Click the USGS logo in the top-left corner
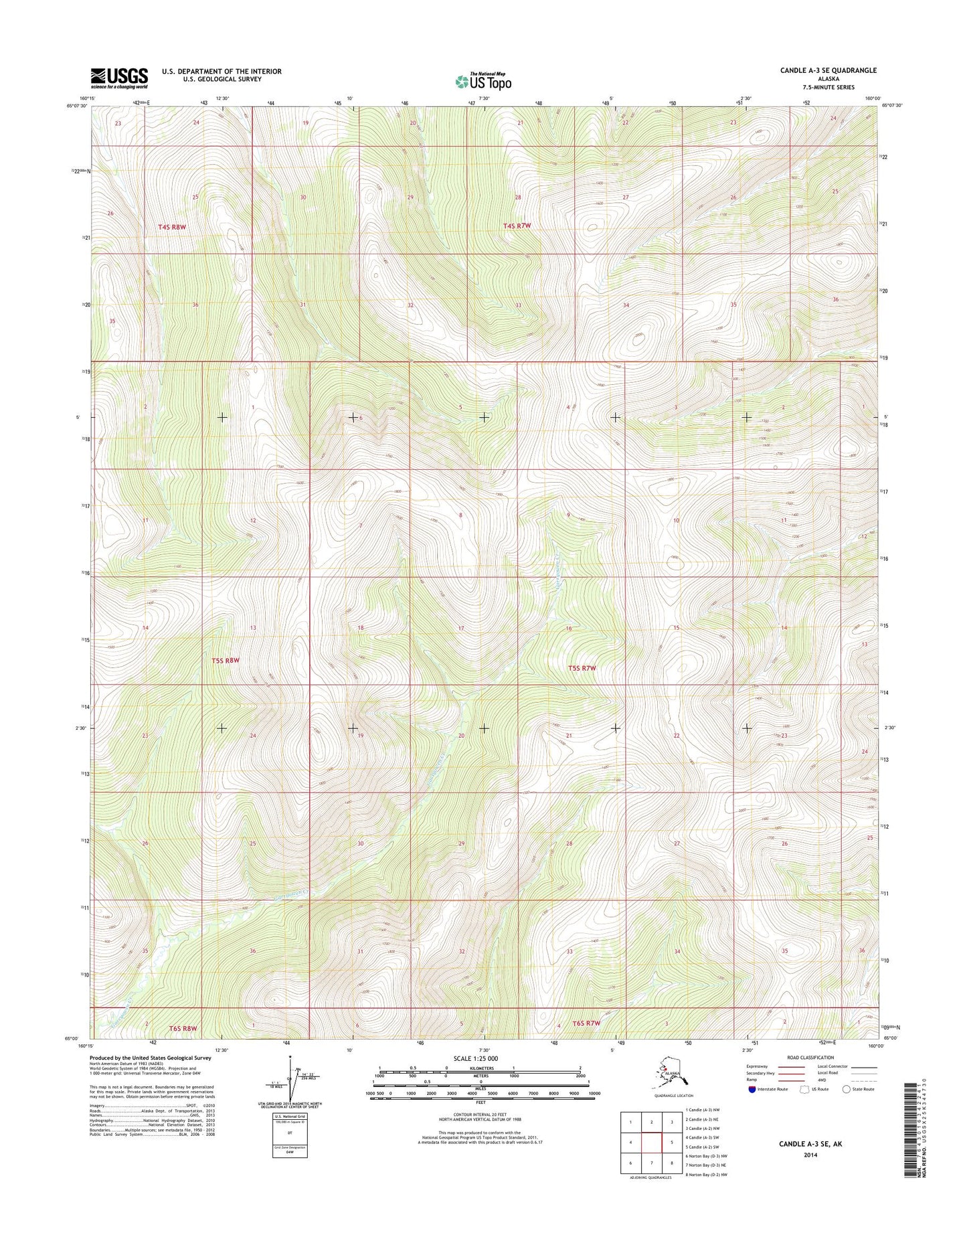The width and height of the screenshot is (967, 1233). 119,78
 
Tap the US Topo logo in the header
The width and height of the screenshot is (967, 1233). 483,81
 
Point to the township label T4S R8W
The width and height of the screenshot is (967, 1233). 172,227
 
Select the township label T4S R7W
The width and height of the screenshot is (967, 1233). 517,226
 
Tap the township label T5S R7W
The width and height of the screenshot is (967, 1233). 582,668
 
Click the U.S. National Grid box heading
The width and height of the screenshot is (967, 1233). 289,1117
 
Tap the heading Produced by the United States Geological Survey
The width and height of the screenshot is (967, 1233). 151,1058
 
